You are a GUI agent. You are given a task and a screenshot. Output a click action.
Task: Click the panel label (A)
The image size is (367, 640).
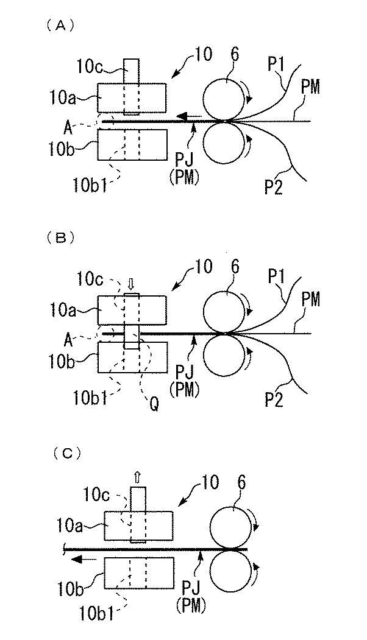pos(60,26)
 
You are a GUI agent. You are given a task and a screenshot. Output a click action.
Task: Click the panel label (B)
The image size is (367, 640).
pos(60,238)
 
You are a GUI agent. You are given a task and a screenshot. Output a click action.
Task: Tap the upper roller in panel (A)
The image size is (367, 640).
pos(223,100)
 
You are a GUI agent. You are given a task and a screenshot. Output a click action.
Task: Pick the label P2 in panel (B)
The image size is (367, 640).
pos(274,399)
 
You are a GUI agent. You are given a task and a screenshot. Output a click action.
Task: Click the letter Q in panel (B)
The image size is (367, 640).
pos(154,404)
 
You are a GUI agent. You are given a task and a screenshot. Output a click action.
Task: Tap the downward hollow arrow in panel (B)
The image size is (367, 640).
pos(131,283)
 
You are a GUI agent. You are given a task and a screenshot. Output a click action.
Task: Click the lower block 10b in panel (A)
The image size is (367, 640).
pos(132,145)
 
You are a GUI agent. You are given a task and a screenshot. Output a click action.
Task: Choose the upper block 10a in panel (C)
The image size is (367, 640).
pos(139,526)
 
